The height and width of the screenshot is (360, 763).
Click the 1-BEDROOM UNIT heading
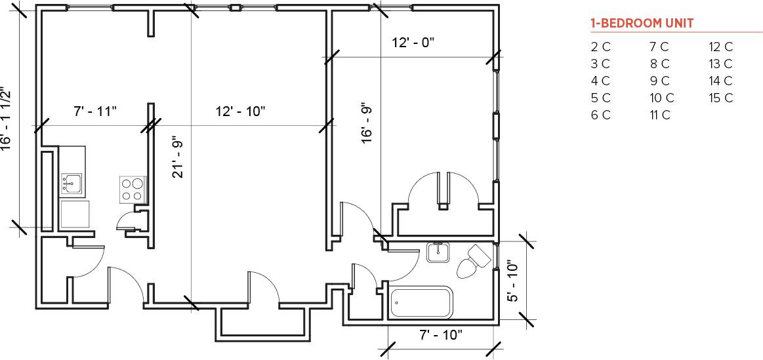click(x=642, y=24)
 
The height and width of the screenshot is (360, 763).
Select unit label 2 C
click(x=600, y=47)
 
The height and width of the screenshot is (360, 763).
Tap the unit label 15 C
click(x=720, y=98)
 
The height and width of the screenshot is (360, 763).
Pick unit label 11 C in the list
click(x=659, y=115)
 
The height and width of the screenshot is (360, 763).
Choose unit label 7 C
click(x=659, y=47)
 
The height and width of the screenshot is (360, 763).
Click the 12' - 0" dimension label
click(x=413, y=43)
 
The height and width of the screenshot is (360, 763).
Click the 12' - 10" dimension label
click(x=240, y=111)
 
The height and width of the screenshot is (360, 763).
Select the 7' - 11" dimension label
click(x=94, y=111)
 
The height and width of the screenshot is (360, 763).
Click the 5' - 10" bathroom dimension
click(x=514, y=281)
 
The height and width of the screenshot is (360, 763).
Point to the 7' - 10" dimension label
click(x=441, y=335)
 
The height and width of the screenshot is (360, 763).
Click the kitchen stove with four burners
click(x=132, y=189)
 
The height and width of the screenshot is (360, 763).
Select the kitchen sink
click(x=72, y=184)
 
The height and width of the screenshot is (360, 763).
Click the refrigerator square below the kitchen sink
click(x=74, y=214)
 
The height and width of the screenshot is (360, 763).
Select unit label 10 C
click(x=661, y=98)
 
